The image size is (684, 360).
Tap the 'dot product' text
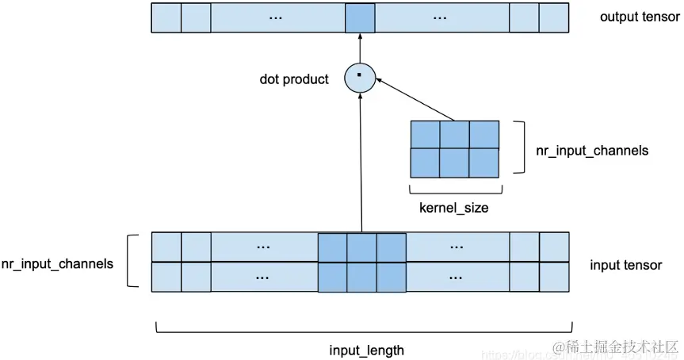click(294, 79)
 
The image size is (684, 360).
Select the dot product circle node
click(359, 77)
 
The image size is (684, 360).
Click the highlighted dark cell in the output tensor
click(360, 18)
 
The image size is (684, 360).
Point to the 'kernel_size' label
click(453, 209)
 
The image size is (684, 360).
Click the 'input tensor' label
click(625, 265)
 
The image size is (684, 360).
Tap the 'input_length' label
click(366, 350)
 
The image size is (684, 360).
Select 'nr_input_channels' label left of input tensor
click(57, 263)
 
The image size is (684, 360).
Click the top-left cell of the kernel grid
click(425, 135)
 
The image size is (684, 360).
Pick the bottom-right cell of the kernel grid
click(484, 163)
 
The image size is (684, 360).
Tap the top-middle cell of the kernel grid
click(455, 135)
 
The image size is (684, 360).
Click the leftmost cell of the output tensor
click(166, 18)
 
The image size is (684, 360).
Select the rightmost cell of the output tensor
click(554, 18)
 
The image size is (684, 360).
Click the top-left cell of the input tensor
click(166, 247)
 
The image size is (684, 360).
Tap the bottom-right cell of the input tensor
click(554, 277)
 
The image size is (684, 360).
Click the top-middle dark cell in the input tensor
click(361, 247)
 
